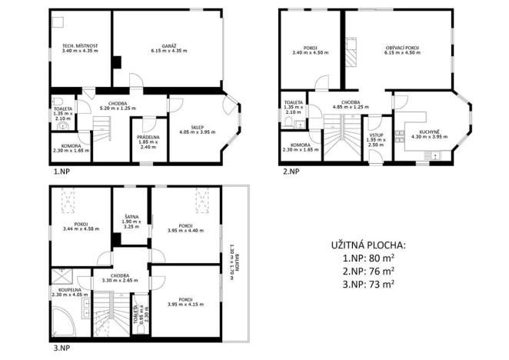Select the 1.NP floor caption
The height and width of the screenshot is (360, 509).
[62, 172]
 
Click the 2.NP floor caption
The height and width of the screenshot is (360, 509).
[291, 172]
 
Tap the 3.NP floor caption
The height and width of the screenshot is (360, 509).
[62, 347]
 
